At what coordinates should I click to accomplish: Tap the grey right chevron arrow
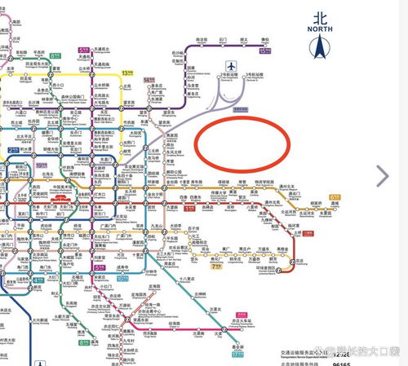pyautogui.click(x=382, y=173)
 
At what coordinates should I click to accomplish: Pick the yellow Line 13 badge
pyautogui.click(x=126, y=73)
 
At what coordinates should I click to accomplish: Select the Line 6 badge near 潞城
pyautogui.click(x=335, y=196)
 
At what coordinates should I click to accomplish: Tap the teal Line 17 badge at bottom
pyautogui.click(x=237, y=353)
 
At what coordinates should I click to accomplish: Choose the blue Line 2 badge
pyautogui.click(x=14, y=150)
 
